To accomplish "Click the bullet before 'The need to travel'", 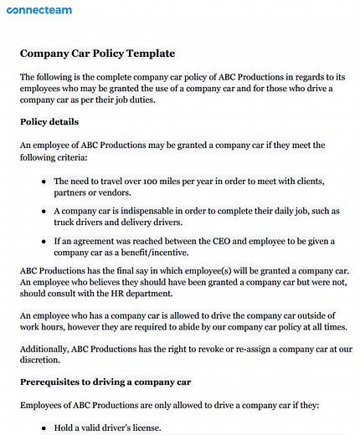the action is coord(43,181).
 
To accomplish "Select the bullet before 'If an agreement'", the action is coord(43,241).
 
